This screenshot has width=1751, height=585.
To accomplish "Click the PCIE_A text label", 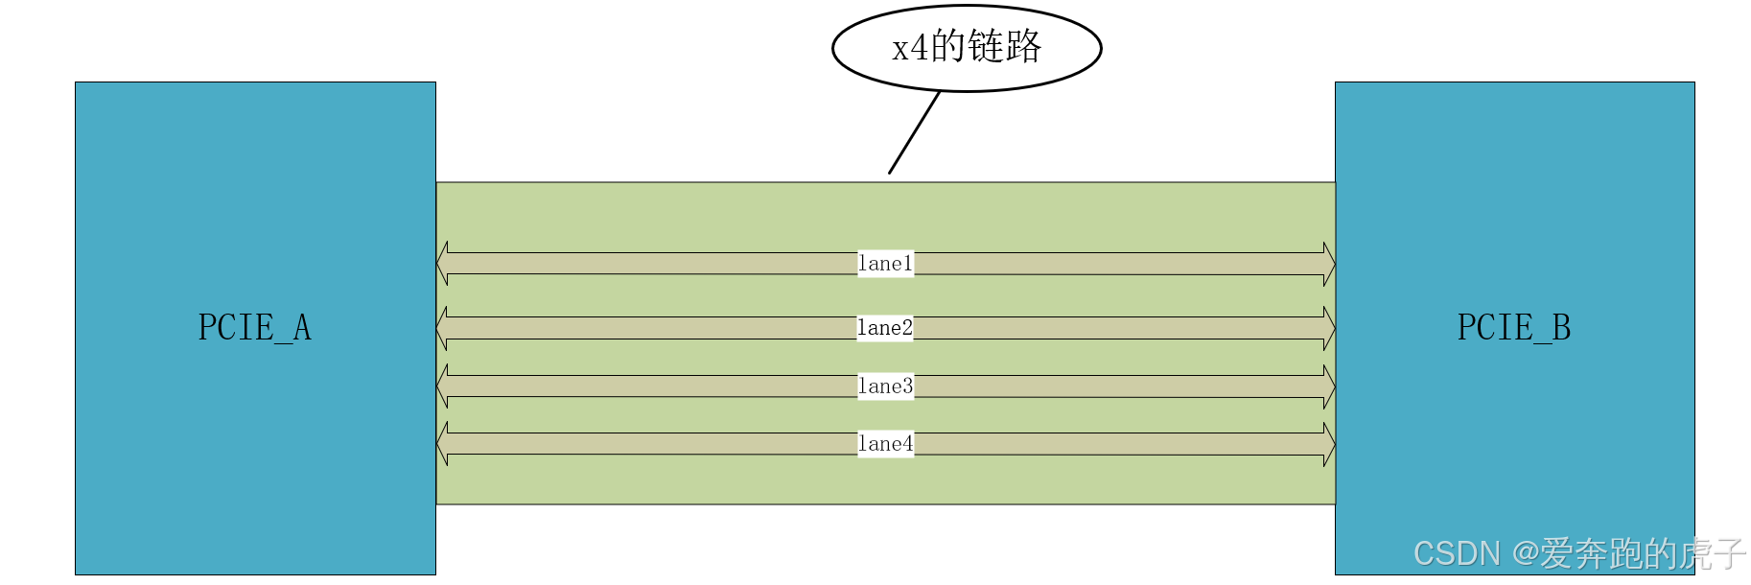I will [x=254, y=328].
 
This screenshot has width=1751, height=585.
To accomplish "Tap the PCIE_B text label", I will [x=1514, y=328].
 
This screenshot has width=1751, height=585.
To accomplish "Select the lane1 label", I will [x=885, y=264].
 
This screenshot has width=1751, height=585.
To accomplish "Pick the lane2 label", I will [x=885, y=328].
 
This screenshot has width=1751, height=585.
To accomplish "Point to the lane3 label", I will [x=885, y=386].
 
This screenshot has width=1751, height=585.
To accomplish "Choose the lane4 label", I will [x=885, y=444].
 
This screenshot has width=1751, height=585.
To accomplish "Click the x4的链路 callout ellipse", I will [x=967, y=48].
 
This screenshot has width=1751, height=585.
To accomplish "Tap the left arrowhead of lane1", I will [x=443, y=264].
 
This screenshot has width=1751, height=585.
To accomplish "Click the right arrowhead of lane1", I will [x=1329, y=264].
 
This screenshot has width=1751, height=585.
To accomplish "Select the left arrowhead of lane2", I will [x=443, y=328].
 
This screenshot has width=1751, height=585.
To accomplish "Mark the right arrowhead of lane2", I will [x=1329, y=328].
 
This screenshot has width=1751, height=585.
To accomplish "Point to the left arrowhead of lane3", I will [x=443, y=386].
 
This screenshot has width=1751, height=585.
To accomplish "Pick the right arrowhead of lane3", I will [x=1329, y=386].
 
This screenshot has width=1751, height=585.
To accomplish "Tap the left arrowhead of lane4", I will [x=443, y=444].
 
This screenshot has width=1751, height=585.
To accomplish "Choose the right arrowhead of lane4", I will [x=1329, y=444].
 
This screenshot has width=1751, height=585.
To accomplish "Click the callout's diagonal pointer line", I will [x=914, y=132].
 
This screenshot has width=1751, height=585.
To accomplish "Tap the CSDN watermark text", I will [x=1578, y=554].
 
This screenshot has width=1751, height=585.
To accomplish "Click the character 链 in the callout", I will [x=987, y=47].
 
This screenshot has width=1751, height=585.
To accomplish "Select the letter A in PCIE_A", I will [x=302, y=328].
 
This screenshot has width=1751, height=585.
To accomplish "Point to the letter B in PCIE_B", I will [x=1561, y=328].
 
